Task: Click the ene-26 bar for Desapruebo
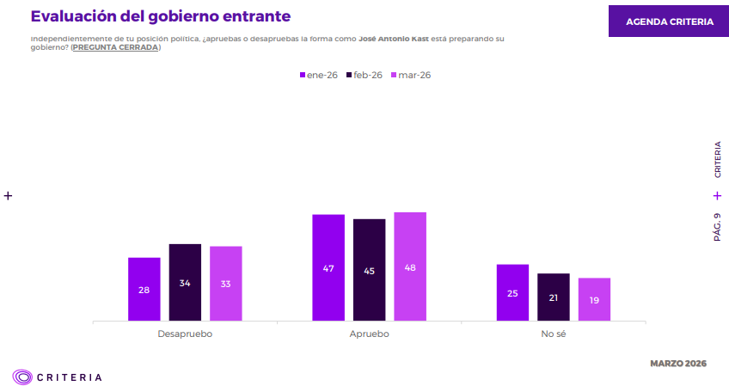click(x=144, y=289)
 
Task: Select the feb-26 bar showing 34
click(x=185, y=282)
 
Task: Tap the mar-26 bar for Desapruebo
click(x=225, y=284)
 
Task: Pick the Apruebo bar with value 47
click(x=328, y=267)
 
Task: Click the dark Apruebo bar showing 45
click(x=370, y=270)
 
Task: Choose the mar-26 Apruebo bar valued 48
click(x=410, y=266)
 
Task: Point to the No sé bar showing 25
click(x=512, y=292)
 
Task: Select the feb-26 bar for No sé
click(x=554, y=297)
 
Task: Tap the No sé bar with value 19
click(x=594, y=299)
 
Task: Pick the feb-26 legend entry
click(x=364, y=75)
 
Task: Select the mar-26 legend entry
click(x=411, y=75)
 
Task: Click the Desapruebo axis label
click(x=185, y=334)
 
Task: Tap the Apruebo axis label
click(x=370, y=334)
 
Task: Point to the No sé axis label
click(x=554, y=334)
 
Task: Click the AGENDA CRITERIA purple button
click(x=669, y=21)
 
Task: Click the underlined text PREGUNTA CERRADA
click(x=115, y=47)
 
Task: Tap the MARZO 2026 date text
click(x=678, y=364)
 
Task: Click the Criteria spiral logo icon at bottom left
click(x=22, y=377)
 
